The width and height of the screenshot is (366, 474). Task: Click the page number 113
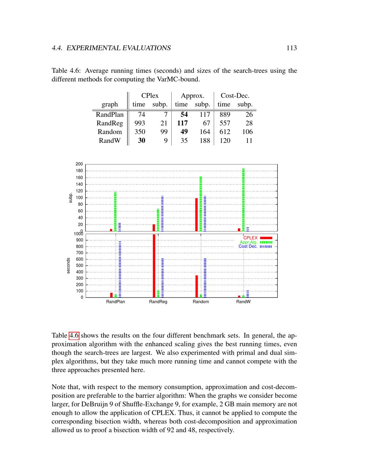291,48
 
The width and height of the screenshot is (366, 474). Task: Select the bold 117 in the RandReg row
182,123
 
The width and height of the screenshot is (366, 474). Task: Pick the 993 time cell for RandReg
140,123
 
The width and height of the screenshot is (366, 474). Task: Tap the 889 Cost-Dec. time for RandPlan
225,114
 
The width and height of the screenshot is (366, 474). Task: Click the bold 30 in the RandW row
141,140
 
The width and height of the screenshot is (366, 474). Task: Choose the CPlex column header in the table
150,96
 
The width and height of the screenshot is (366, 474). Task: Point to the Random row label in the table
109,132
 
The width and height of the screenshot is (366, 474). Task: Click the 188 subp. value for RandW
205,140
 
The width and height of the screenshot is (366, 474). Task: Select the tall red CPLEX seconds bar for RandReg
154,266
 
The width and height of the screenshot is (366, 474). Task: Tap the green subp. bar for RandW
243,200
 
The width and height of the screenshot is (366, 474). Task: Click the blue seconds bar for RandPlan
120,269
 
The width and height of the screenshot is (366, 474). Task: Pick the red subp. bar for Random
197,215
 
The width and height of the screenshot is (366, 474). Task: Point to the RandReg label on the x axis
158,302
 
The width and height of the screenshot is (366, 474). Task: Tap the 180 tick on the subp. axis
79,171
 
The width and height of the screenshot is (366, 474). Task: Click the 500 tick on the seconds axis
79,266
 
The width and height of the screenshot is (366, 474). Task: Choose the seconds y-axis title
68,266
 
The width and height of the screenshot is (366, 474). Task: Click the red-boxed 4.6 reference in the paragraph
74,336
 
